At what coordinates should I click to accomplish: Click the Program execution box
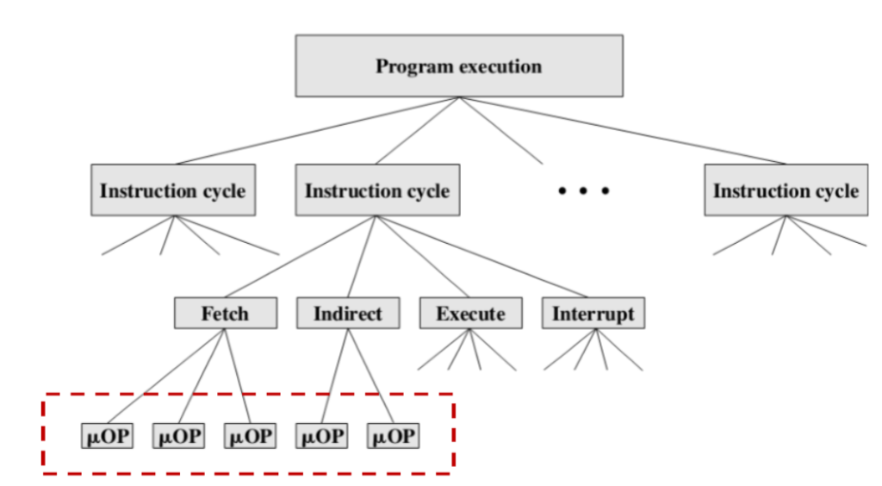pos(459,65)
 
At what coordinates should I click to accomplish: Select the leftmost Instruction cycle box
pos(173,190)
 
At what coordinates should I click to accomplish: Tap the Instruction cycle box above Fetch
pos(377,190)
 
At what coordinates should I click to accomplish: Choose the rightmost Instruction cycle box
pos(786,190)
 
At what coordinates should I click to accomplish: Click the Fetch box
pos(226,314)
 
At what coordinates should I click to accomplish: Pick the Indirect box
pos(348,314)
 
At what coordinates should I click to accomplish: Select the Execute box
pos(471,314)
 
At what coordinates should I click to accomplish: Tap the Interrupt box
pos(593,314)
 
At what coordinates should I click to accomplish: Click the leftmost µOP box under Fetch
pos(108,436)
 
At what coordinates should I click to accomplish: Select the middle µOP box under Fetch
pos(179,436)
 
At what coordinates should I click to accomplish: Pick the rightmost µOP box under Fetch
pos(251,436)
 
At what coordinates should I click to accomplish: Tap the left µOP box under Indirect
pos(322,436)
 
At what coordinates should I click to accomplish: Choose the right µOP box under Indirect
pos(393,436)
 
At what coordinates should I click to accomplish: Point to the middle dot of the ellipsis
pos(583,190)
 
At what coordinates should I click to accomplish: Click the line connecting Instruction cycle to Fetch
pos(301,257)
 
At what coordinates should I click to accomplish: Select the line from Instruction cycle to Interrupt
pos(482,257)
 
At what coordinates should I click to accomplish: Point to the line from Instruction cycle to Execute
pos(423,257)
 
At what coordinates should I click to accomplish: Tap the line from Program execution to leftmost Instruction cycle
pos(317,130)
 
